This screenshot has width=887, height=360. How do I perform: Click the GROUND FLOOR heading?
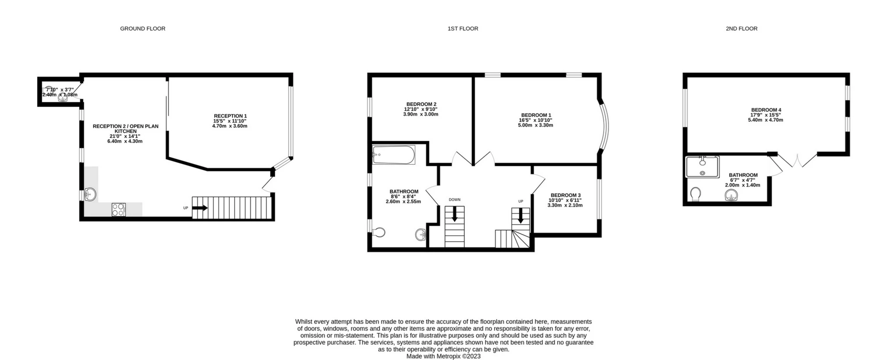coord(142,28)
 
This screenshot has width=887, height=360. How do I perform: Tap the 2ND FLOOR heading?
coord(741,28)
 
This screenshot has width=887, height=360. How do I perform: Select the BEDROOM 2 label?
coord(421,104)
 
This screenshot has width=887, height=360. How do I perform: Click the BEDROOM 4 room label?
coord(766,110)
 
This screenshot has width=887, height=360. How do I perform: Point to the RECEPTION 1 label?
coord(230,116)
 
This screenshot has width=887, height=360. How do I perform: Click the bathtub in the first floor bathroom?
coord(393,155)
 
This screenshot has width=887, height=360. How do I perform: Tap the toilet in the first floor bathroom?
coord(379,232)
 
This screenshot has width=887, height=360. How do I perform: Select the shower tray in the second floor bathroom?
coord(702,167)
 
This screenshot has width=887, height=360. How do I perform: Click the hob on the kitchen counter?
coord(119,209)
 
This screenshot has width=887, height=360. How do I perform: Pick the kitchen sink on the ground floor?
coord(90,194)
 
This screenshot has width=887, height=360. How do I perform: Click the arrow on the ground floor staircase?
coord(200,208)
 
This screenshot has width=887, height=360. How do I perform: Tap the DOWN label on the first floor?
coord(454,200)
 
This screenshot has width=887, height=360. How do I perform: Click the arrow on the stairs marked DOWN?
coord(454,214)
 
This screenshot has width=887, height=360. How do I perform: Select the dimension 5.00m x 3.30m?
coord(535,125)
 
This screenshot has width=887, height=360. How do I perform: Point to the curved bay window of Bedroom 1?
coord(604,127)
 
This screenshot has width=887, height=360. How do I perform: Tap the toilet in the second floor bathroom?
coord(695,194)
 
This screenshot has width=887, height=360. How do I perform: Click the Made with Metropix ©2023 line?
coord(443,356)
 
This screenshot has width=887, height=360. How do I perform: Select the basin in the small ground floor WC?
coord(63,98)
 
